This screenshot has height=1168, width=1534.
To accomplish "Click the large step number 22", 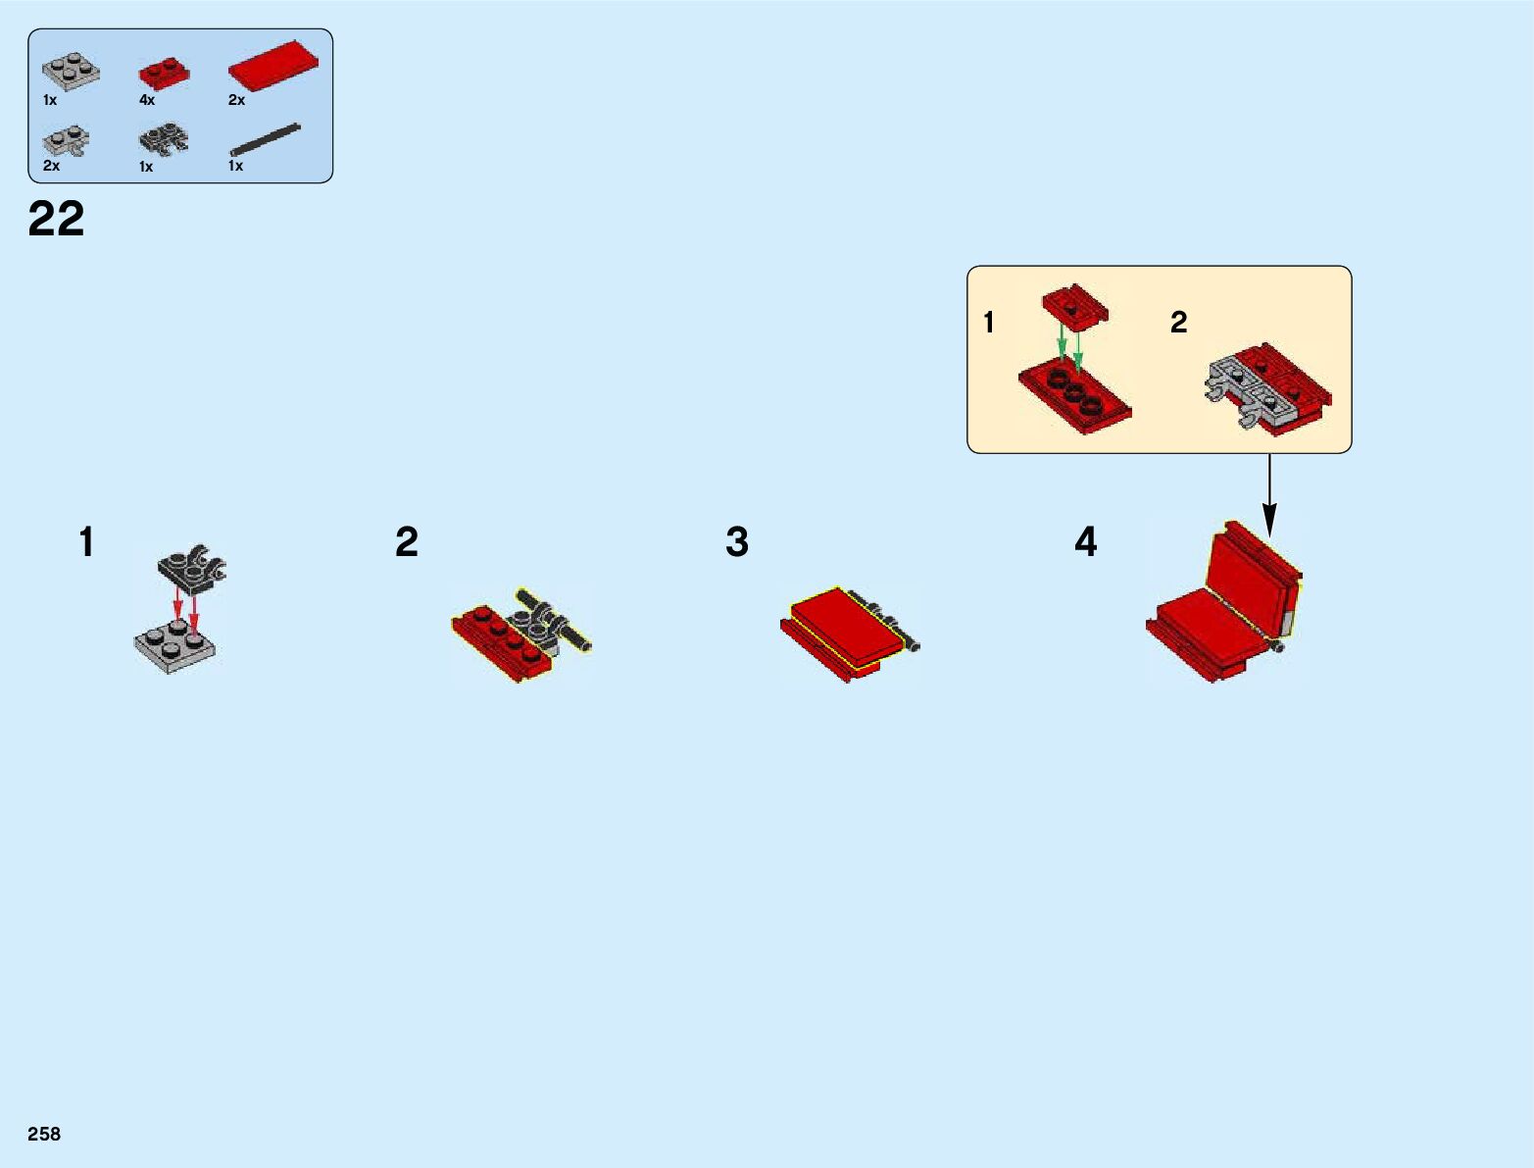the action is pos(56,219).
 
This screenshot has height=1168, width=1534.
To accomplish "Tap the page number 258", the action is pos(44,1134).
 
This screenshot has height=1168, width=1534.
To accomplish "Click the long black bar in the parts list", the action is pos(265,140).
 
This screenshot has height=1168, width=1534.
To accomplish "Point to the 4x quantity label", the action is pos(147,100).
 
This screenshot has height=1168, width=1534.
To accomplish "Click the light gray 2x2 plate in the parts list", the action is pos(71,72).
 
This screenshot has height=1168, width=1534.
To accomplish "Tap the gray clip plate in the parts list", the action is pos(67,142).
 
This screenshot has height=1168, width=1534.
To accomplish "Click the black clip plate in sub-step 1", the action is pos(192,565).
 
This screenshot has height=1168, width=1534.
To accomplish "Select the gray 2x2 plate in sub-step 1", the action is pos(174,642).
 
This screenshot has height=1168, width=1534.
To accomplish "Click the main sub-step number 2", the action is pos(407,542).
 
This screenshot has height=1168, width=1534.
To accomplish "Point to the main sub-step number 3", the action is pos(737,542).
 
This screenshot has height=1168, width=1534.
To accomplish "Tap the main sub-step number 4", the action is pos(1085,542).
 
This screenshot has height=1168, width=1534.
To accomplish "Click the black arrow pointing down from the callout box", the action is pos(1269,495).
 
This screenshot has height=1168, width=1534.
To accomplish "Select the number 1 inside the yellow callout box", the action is pos(989,323).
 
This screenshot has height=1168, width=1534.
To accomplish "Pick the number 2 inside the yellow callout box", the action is pos(1179,323).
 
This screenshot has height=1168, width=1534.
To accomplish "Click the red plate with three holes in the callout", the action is pos(1074,396).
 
